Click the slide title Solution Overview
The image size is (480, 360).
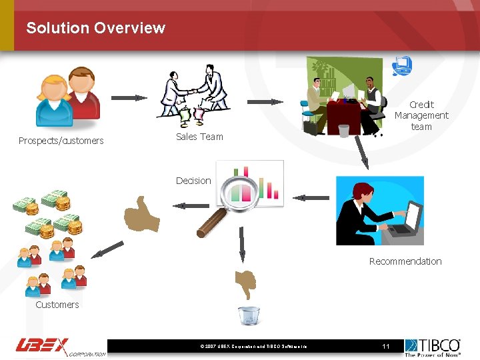click(x=95, y=28)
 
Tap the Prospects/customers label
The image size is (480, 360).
click(x=61, y=141)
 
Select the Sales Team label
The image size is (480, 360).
click(x=199, y=137)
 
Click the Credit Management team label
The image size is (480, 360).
click(x=421, y=115)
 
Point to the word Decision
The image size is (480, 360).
click(x=193, y=181)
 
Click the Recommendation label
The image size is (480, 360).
click(x=405, y=261)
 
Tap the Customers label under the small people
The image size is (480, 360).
click(x=57, y=305)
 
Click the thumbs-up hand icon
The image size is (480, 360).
click(x=141, y=215)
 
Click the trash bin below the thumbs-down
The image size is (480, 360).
click(x=249, y=315)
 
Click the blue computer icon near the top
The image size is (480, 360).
click(x=401, y=66)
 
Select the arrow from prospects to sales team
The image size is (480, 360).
click(x=129, y=98)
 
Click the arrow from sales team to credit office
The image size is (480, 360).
click(x=265, y=102)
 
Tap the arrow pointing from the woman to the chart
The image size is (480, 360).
click(x=311, y=197)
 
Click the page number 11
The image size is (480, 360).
click(x=385, y=346)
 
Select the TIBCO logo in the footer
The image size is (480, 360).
click(x=433, y=347)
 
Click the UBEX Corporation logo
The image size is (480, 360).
click(x=60, y=347)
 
